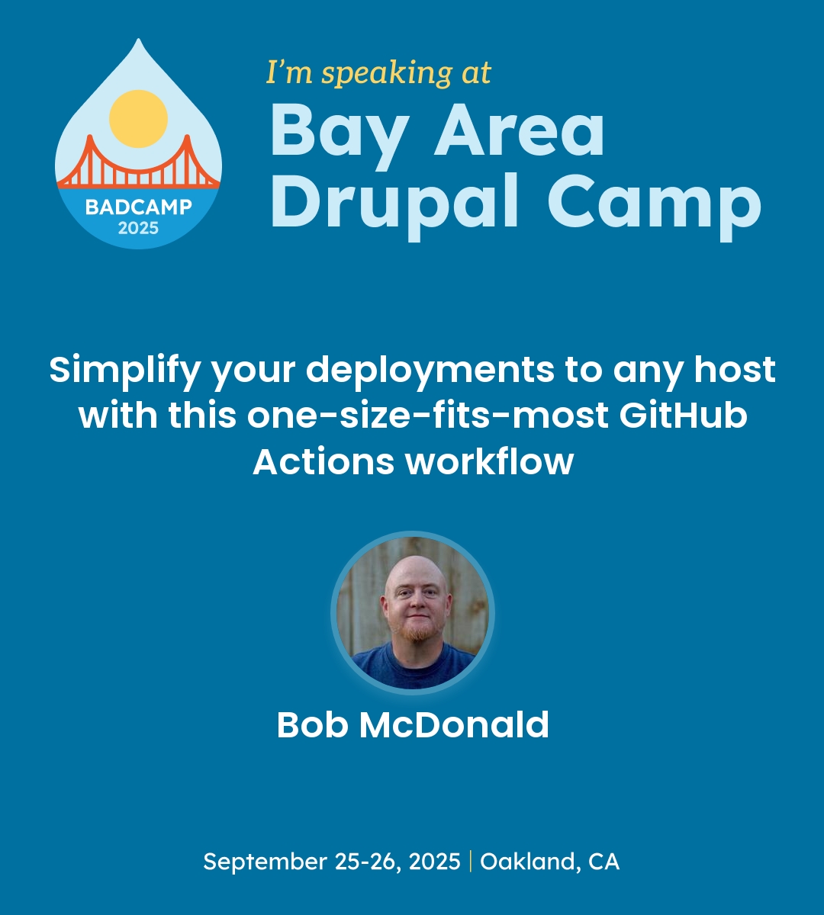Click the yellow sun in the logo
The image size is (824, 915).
click(138, 119)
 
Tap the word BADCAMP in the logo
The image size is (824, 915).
click(138, 207)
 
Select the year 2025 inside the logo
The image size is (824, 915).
click(138, 227)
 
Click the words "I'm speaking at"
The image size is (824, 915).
click(378, 73)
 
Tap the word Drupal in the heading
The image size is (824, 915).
click(397, 201)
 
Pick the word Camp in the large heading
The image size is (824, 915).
click(654, 203)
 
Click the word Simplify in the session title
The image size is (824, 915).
click(125, 371)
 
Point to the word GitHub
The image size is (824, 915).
click(683, 416)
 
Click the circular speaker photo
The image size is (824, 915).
click(413, 612)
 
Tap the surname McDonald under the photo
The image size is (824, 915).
click(455, 724)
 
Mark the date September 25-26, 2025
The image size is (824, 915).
click(332, 862)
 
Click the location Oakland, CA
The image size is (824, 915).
click(549, 862)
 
